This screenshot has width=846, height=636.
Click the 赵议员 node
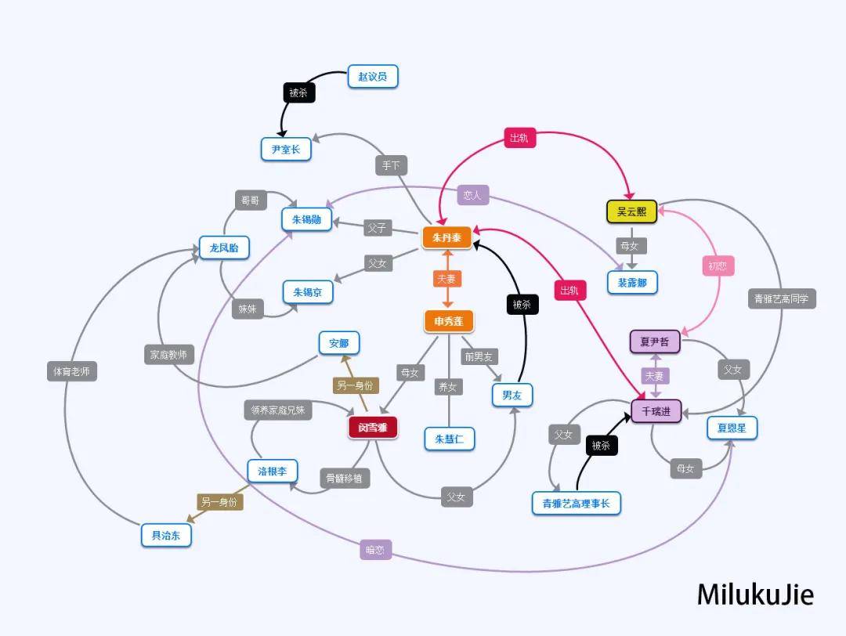(373, 77)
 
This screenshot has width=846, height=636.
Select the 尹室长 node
(286, 149)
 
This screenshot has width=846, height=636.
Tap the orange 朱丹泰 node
(446, 237)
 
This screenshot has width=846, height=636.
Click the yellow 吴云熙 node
(632, 211)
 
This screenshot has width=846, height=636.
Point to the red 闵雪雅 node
(373, 428)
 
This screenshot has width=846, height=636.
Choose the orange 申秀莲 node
(449, 321)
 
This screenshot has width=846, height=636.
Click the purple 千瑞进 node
(656, 411)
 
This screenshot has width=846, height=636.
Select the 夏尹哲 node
(655, 342)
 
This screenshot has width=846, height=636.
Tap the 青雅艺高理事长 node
(577, 504)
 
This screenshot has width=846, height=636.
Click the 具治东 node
(166, 535)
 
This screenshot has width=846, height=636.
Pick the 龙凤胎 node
(224, 248)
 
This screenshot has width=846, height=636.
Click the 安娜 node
(339, 343)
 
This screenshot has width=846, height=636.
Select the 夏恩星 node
(732, 428)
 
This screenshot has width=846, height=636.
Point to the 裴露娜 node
(632, 282)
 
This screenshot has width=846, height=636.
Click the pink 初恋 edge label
(718, 266)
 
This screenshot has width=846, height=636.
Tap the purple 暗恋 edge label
(375, 550)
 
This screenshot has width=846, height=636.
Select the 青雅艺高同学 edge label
(782, 298)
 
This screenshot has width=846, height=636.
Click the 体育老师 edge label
(72, 371)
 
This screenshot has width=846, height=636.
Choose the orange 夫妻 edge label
(446, 279)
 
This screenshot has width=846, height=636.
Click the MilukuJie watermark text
(755, 594)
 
